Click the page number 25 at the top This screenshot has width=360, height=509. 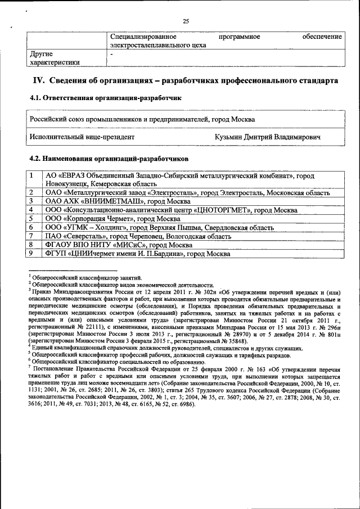pyautogui.click(x=186, y=21)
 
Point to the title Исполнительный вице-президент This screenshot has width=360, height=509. pyautogui.click(x=82, y=137)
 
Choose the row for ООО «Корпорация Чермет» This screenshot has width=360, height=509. pyautogui.click(x=112, y=219)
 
